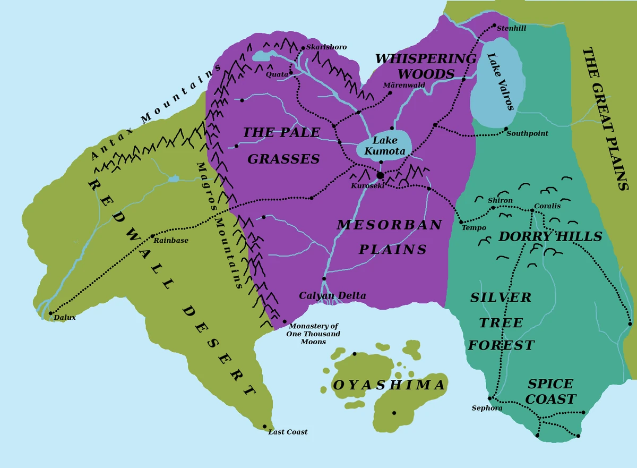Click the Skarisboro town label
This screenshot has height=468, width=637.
pos(326,47)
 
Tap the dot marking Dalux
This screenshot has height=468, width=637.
pos(51,313)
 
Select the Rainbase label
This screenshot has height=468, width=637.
pos(171,241)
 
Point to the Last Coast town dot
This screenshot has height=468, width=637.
pos(265,427)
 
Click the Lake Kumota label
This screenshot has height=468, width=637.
pos(385,146)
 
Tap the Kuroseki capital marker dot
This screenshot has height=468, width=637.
pos(380,175)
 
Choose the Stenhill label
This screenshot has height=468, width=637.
pos(511,28)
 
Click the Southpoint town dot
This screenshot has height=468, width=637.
pos(506,129)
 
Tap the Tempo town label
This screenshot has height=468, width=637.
pos(474,228)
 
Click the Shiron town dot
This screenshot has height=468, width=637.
pos(493,208)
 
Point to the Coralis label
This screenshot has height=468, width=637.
pos(547,206)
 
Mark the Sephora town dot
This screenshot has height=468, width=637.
pos(489,398)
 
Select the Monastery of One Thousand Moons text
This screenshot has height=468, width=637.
pos(313,334)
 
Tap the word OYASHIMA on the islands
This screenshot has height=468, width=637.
pos(389,385)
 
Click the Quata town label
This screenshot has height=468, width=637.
pos(277,74)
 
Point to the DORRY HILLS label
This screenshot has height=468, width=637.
pos(550,236)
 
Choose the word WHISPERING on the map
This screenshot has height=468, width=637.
pos(426,58)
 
